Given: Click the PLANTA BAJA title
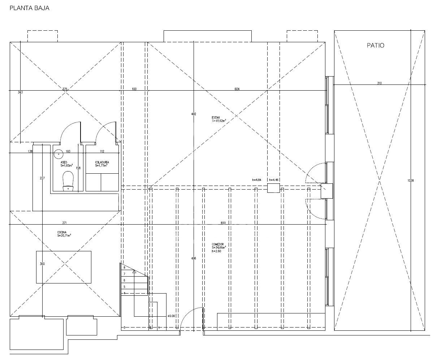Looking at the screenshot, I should coord(29,8).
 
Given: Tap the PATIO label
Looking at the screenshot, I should coord(376,45).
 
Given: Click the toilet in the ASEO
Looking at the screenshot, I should coord(68,181).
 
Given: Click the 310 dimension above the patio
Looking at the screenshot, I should coord(379,83).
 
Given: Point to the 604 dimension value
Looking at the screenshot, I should coord(237,89).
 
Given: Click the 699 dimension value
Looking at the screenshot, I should coord(223,223).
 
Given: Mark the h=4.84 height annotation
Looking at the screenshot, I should coord(256,179).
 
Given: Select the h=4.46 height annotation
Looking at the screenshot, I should coord(273,179).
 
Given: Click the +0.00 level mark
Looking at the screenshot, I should coord(171,316).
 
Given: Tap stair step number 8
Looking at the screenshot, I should coord(124,268).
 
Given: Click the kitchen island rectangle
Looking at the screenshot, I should coord(64,267).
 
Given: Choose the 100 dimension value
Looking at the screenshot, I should coord(134,89).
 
